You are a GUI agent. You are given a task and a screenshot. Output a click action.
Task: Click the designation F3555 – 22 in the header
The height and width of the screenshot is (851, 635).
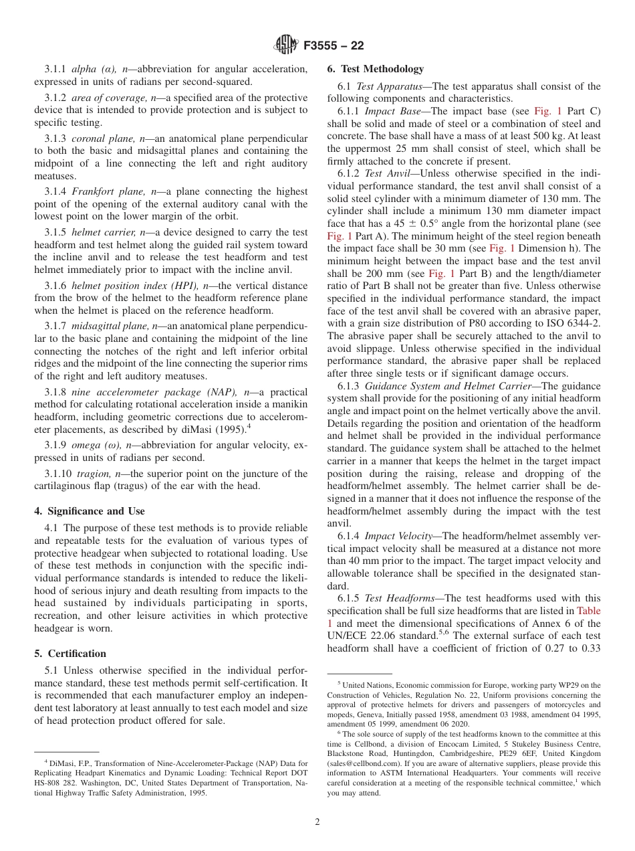pos(334,46)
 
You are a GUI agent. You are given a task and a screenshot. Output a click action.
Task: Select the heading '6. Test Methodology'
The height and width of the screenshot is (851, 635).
pos(375,69)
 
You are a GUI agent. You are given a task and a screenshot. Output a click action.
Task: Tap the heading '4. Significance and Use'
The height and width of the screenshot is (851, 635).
pos(89,511)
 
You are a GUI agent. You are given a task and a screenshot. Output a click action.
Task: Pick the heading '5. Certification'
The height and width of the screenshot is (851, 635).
pos(70,654)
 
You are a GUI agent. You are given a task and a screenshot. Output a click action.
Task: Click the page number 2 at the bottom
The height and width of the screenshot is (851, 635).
pos(317,822)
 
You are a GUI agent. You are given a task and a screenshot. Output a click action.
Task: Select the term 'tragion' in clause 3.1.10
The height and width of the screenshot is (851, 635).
pos(90,474)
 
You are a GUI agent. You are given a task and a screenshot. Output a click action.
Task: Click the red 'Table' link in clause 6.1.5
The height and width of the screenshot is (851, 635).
pos(588,611)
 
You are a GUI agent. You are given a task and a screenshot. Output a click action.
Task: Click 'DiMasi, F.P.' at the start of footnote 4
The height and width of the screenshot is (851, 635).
pos(65,763)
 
